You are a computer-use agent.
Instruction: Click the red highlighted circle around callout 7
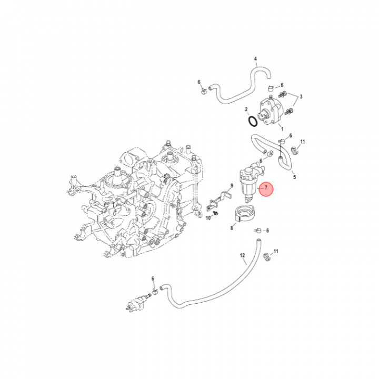point(266,189)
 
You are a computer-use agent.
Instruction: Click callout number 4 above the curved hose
point(255,58)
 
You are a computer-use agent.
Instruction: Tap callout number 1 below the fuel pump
point(282,129)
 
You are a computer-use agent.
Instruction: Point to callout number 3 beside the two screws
point(301,97)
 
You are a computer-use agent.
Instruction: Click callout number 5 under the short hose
point(294,177)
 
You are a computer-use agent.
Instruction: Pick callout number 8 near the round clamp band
point(232,228)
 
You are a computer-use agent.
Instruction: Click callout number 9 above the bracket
point(232,186)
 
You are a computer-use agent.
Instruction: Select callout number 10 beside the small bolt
point(208,218)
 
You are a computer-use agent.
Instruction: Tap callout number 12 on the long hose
point(243,255)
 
